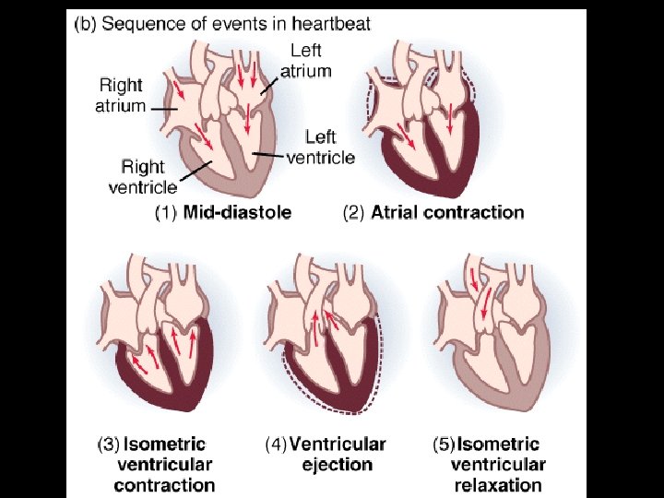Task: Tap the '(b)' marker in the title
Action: [x=85, y=24]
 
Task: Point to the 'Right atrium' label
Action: [x=121, y=94]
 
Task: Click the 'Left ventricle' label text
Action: [x=320, y=148]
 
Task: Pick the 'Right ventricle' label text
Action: [x=142, y=176]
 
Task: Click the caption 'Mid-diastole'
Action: [x=236, y=212]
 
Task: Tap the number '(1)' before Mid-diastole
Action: [x=165, y=212]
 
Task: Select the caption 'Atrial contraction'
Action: [x=447, y=212]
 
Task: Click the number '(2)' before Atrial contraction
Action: [x=355, y=212]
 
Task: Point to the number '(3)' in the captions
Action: [x=109, y=445]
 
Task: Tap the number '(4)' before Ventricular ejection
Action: [x=277, y=445]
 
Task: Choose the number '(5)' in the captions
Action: [x=445, y=445]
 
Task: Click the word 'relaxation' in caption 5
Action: [x=498, y=485]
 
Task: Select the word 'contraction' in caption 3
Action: [x=164, y=485]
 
